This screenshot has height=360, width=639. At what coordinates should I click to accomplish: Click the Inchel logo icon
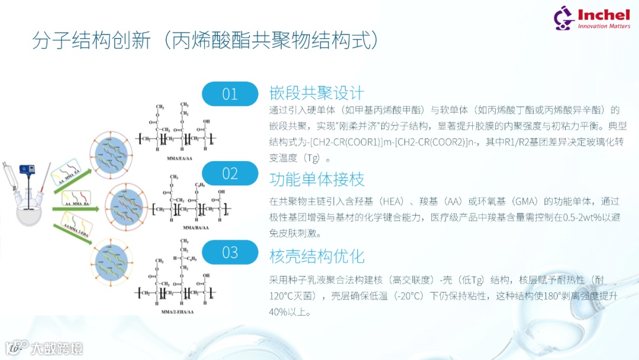(x=564, y=18)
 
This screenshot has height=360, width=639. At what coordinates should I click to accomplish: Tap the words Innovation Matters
(x=603, y=26)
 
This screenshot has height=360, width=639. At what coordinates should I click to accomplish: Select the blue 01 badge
(x=230, y=94)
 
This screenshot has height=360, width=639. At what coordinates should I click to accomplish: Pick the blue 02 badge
(x=230, y=173)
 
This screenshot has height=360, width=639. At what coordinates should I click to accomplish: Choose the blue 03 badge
(x=230, y=253)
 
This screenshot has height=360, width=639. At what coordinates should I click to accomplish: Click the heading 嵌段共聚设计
(x=317, y=94)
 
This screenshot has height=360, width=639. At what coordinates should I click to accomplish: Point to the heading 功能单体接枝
(x=317, y=179)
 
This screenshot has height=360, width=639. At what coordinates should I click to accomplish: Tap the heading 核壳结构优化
(x=317, y=256)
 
